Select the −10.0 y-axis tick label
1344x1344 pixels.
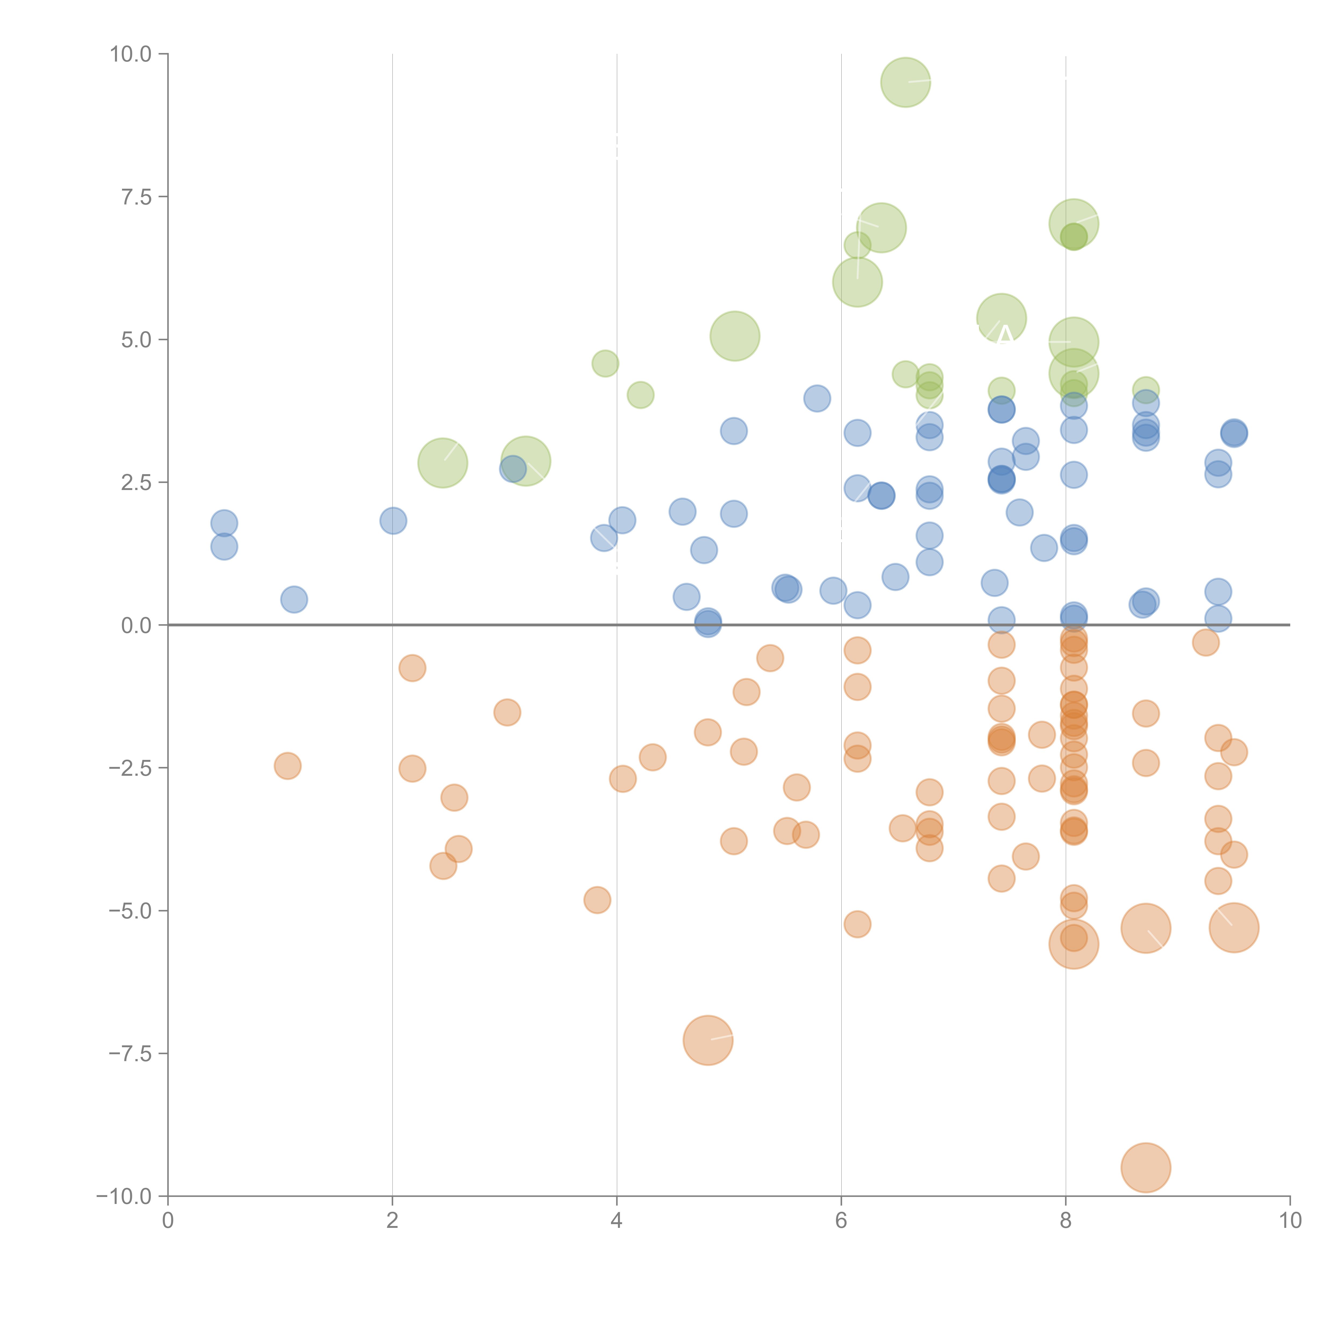124,1196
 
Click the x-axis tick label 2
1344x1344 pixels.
392,1221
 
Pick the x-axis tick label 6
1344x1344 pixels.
841,1221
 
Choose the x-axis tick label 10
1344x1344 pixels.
1290,1221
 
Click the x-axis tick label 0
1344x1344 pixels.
168,1221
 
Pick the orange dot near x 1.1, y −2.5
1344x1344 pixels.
287,766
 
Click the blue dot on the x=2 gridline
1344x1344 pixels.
393,520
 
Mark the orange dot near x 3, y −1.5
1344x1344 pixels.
507,712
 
